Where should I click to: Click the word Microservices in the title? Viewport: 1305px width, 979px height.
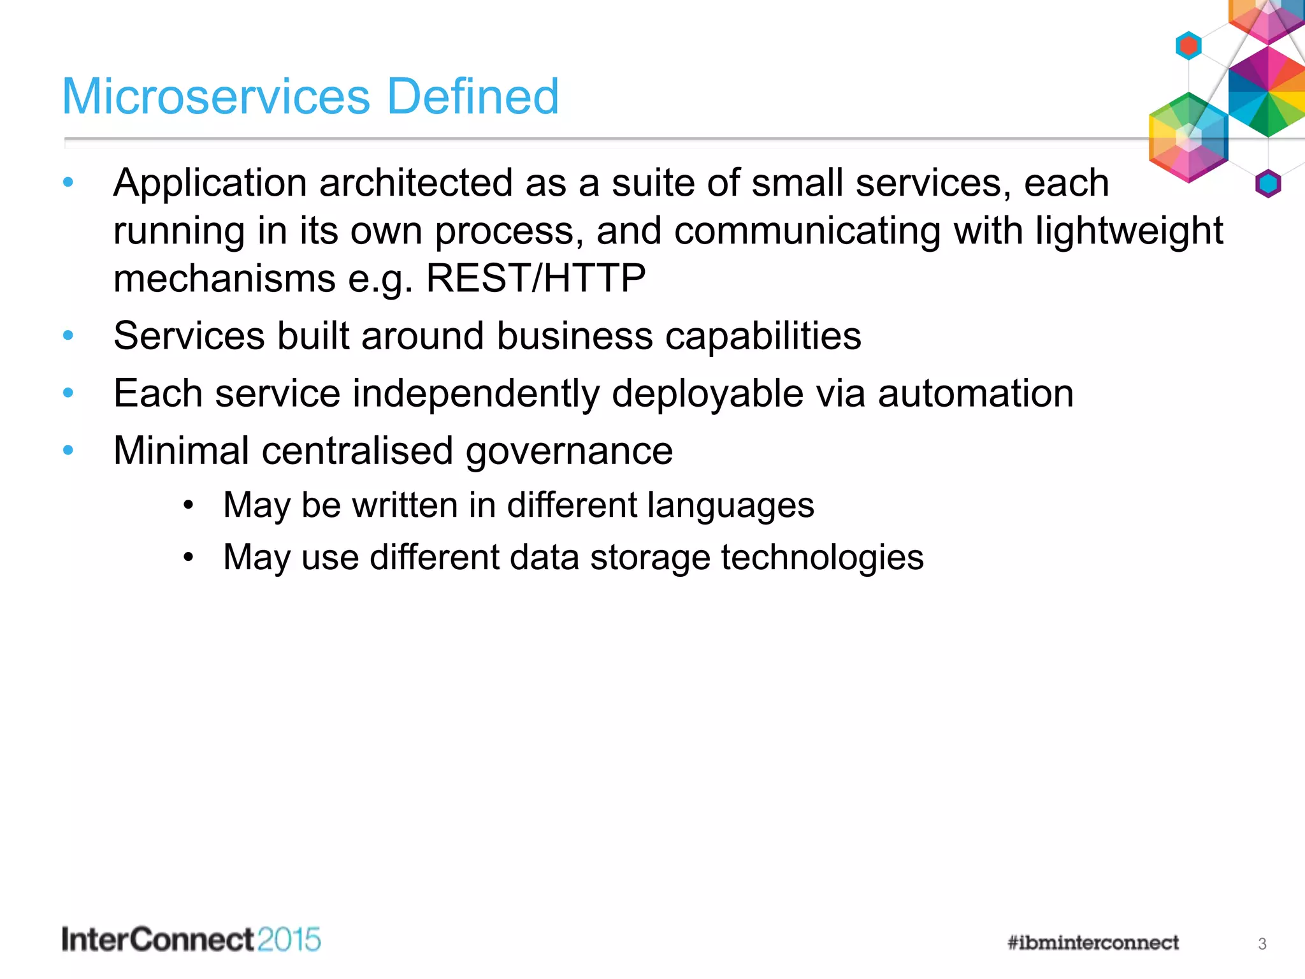coord(216,96)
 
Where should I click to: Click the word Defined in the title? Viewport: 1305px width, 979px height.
coord(473,96)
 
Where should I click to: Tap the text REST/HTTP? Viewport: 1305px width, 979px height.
coord(535,279)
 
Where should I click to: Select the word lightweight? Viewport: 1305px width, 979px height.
coord(1128,231)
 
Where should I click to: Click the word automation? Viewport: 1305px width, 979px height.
coord(976,393)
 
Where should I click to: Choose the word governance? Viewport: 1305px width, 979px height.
coord(569,451)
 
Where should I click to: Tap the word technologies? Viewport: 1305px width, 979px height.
coord(822,558)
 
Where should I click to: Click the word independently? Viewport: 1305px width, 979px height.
coord(476,393)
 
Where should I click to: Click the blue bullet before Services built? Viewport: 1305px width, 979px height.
coord(68,335)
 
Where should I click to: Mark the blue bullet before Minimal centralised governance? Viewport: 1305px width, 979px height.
coord(68,451)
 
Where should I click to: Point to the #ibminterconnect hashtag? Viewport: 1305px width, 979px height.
coord(1093,943)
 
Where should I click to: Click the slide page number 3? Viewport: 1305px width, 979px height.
coord(1262,944)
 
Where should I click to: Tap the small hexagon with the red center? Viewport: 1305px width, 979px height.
coord(1188,46)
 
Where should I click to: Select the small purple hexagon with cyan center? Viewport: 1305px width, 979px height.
coord(1268,184)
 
